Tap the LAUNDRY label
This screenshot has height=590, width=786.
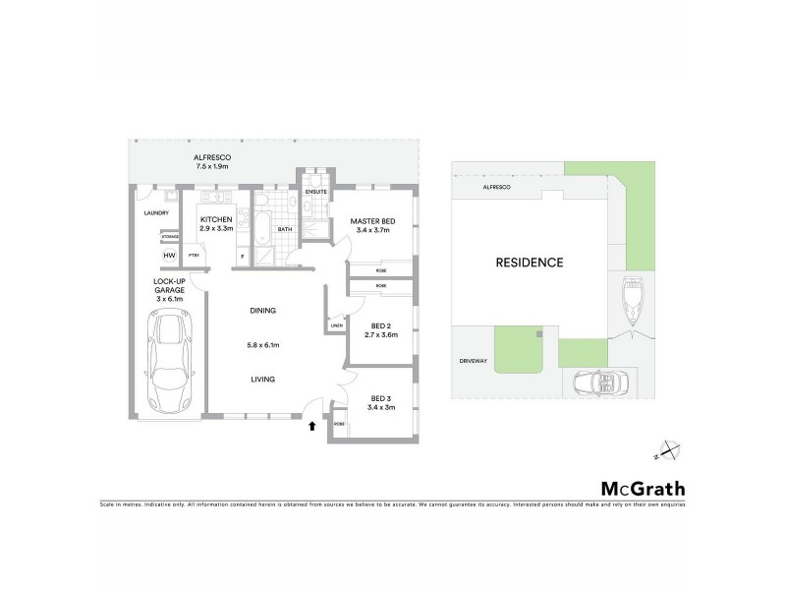(x=156, y=212)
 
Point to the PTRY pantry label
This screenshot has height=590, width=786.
(x=195, y=255)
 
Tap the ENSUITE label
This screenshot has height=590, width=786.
(x=315, y=192)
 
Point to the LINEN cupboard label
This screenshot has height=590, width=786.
(x=336, y=324)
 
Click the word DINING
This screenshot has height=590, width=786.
(x=262, y=311)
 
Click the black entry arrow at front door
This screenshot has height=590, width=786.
(x=312, y=427)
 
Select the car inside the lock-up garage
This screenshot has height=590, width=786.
(x=169, y=361)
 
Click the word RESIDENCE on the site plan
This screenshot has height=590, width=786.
(x=529, y=263)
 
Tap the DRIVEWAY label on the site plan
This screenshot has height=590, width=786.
(x=473, y=361)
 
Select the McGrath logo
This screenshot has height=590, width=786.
(x=643, y=488)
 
